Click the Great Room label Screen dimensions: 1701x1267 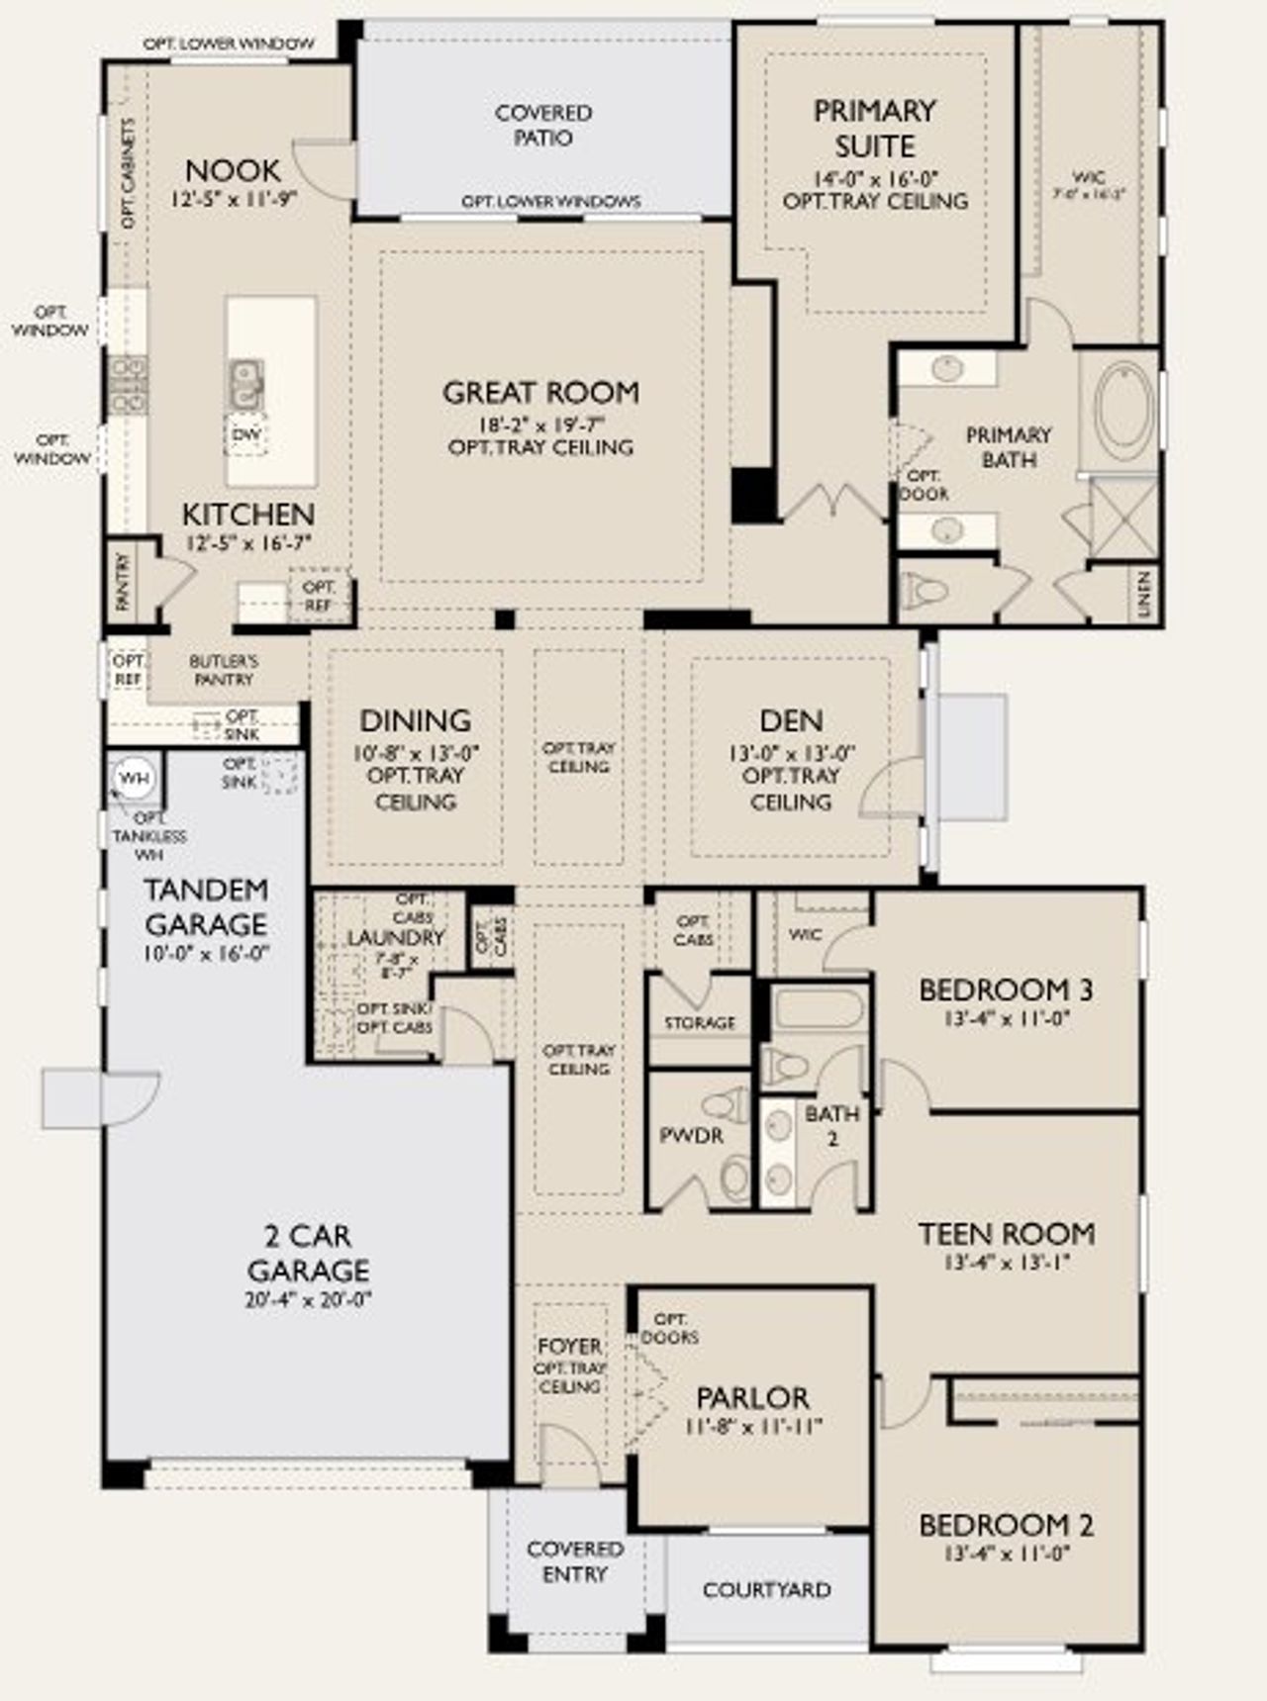(x=540, y=393)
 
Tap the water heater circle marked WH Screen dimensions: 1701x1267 (x=134, y=778)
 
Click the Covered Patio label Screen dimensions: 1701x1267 (x=543, y=126)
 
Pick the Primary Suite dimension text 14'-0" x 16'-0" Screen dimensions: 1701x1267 (x=875, y=179)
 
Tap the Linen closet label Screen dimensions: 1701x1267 (x=1144, y=594)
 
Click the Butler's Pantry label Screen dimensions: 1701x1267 (x=224, y=670)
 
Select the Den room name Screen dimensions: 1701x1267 (x=791, y=720)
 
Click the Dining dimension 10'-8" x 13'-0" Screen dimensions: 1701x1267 (x=416, y=752)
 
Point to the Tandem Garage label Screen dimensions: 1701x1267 (x=206, y=906)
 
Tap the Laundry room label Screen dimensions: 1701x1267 (x=396, y=937)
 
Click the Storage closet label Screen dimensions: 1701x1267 (x=700, y=1023)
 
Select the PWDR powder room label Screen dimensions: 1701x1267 (x=691, y=1135)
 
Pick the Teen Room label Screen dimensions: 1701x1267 (x=1007, y=1234)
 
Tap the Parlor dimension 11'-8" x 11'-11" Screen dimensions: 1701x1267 (x=752, y=1426)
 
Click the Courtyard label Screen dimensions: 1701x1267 (x=766, y=1590)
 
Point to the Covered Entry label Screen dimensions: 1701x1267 (x=574, y=1560)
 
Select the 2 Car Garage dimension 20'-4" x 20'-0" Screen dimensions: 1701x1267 (x=307, y=1299)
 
